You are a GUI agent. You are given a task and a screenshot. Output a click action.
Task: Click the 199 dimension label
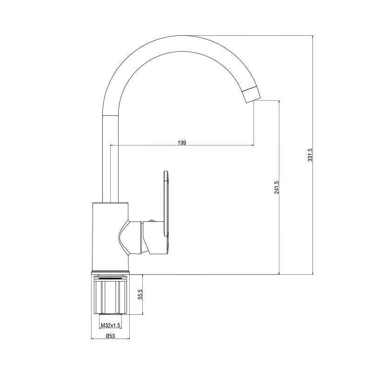[182, 143]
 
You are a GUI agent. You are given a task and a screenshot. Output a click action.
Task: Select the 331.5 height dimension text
[310, 155]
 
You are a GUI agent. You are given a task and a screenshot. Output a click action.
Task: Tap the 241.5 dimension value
[276, 187]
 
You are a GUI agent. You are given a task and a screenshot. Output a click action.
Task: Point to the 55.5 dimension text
[140, 294]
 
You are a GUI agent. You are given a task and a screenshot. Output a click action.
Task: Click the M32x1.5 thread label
[110, 325]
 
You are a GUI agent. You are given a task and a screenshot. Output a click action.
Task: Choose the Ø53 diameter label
[111, 336]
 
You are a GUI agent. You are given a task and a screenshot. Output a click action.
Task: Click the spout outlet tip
[253, 100]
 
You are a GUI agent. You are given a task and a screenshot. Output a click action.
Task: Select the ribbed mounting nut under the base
[111, 297]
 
